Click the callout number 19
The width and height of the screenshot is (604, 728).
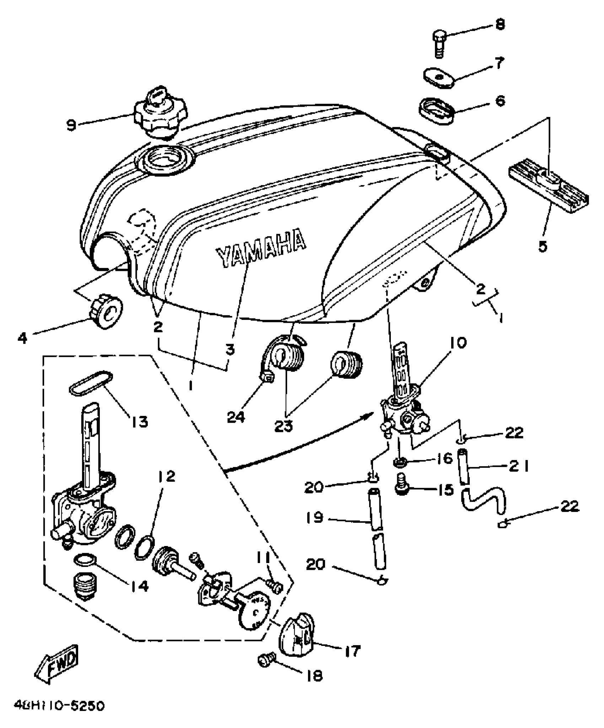pyautogui.click(x=314, y=518)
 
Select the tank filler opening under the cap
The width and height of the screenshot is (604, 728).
pyautogui.click(x=166, y=159)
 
